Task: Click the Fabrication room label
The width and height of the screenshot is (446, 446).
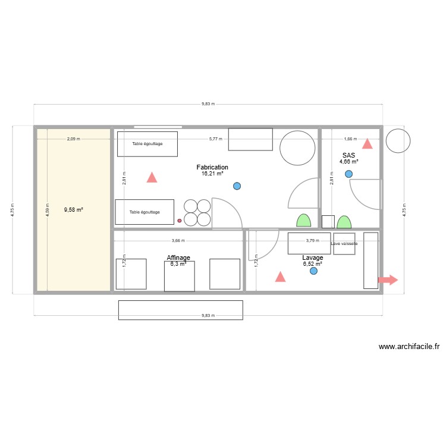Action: point(212,168)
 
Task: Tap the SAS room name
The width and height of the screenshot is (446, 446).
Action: point(348,155)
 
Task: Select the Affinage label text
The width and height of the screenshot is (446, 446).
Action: point(178,258)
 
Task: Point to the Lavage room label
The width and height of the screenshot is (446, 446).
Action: point(312,257)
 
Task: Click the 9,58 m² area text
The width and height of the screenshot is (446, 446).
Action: point(73,209)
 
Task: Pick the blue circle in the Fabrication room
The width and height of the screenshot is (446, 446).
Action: point(237,186)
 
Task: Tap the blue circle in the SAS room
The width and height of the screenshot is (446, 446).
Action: point(348,174)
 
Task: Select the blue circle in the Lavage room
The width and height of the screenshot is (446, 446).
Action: point(314,271)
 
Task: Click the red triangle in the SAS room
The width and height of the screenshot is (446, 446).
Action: point(368,143)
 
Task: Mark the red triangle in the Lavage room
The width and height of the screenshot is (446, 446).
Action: point(279,277)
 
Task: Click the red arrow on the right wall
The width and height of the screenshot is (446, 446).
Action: point(388,280)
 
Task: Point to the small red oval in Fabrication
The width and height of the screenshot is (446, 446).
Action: point(180,221)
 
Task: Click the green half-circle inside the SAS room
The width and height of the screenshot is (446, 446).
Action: point(344,222)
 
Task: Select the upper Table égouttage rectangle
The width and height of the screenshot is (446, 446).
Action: point(147,144)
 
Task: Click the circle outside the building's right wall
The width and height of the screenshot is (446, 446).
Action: point(398,140)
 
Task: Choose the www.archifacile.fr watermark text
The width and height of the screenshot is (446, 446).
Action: point(409,347)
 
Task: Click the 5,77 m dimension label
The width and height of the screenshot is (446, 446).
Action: point(215,139)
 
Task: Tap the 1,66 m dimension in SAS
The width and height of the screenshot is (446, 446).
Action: point(351,139)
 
